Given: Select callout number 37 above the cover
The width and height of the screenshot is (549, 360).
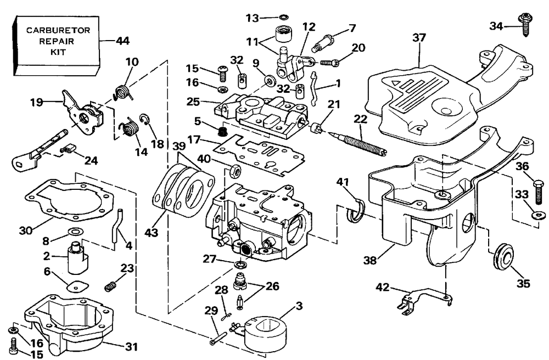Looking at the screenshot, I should click(419, 37).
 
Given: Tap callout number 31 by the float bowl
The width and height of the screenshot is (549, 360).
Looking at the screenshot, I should click(131, 347).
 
